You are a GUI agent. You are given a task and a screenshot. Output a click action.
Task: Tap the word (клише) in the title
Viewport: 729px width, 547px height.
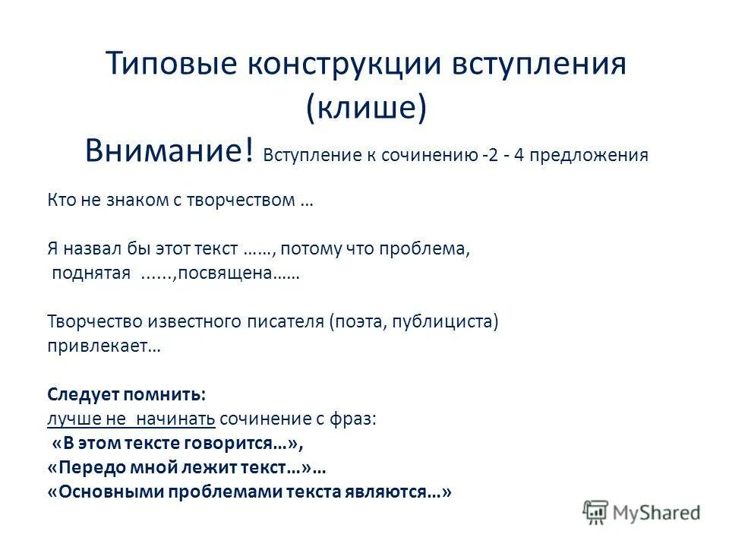(366, 109)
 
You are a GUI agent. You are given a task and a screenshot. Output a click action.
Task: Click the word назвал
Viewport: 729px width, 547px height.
(91, 248)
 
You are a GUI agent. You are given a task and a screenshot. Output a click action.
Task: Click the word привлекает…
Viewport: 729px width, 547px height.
(103, 346)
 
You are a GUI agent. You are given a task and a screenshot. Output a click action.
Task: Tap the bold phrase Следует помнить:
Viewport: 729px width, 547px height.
(126, 395)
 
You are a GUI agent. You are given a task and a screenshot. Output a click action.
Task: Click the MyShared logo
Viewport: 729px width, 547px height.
(642, 512)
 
